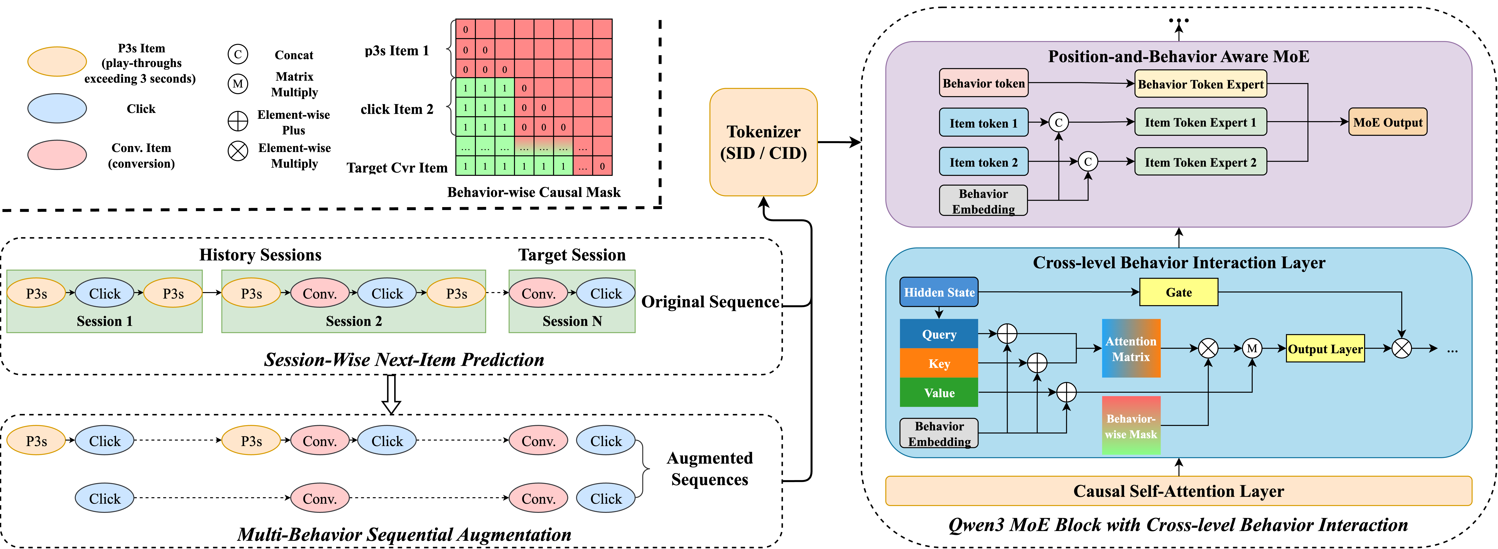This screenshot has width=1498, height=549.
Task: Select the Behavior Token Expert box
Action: [1200, 84]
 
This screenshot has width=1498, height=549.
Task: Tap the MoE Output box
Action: [1388, 122]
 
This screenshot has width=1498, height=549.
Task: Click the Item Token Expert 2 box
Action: [1200, 162]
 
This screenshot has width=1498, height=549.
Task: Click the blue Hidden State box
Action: [939, 292]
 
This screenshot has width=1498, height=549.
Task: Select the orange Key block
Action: [939, 363]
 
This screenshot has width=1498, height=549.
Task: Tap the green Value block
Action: [939, 393]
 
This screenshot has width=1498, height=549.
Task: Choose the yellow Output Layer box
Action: [1325, 349]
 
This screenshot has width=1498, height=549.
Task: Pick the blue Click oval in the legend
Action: [57, 109]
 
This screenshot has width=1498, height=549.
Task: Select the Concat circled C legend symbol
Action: [237, 55]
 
